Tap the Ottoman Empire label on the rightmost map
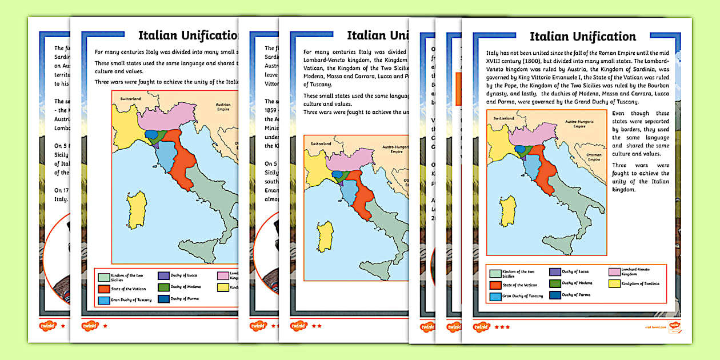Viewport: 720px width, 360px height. pyautogui.click(x=594, y=157)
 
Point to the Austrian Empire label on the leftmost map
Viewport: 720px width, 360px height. pyautogui.click(x=222, y=107)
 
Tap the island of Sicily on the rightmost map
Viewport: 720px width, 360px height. pyautogui.click(x=557, y=246)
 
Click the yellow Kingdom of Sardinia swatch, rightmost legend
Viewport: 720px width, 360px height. pyautogui.click(x=614, y=283)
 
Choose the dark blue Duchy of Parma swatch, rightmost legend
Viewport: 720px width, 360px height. pyautogui.click(x=554, y=295)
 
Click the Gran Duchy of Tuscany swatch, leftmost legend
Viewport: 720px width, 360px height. pyautogui.click(x=103, y=301)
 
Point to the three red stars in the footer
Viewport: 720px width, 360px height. pyautogui.click(x=502, y=327)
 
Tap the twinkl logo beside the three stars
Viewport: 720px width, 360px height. pyautogui.click(x=482, y=327)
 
